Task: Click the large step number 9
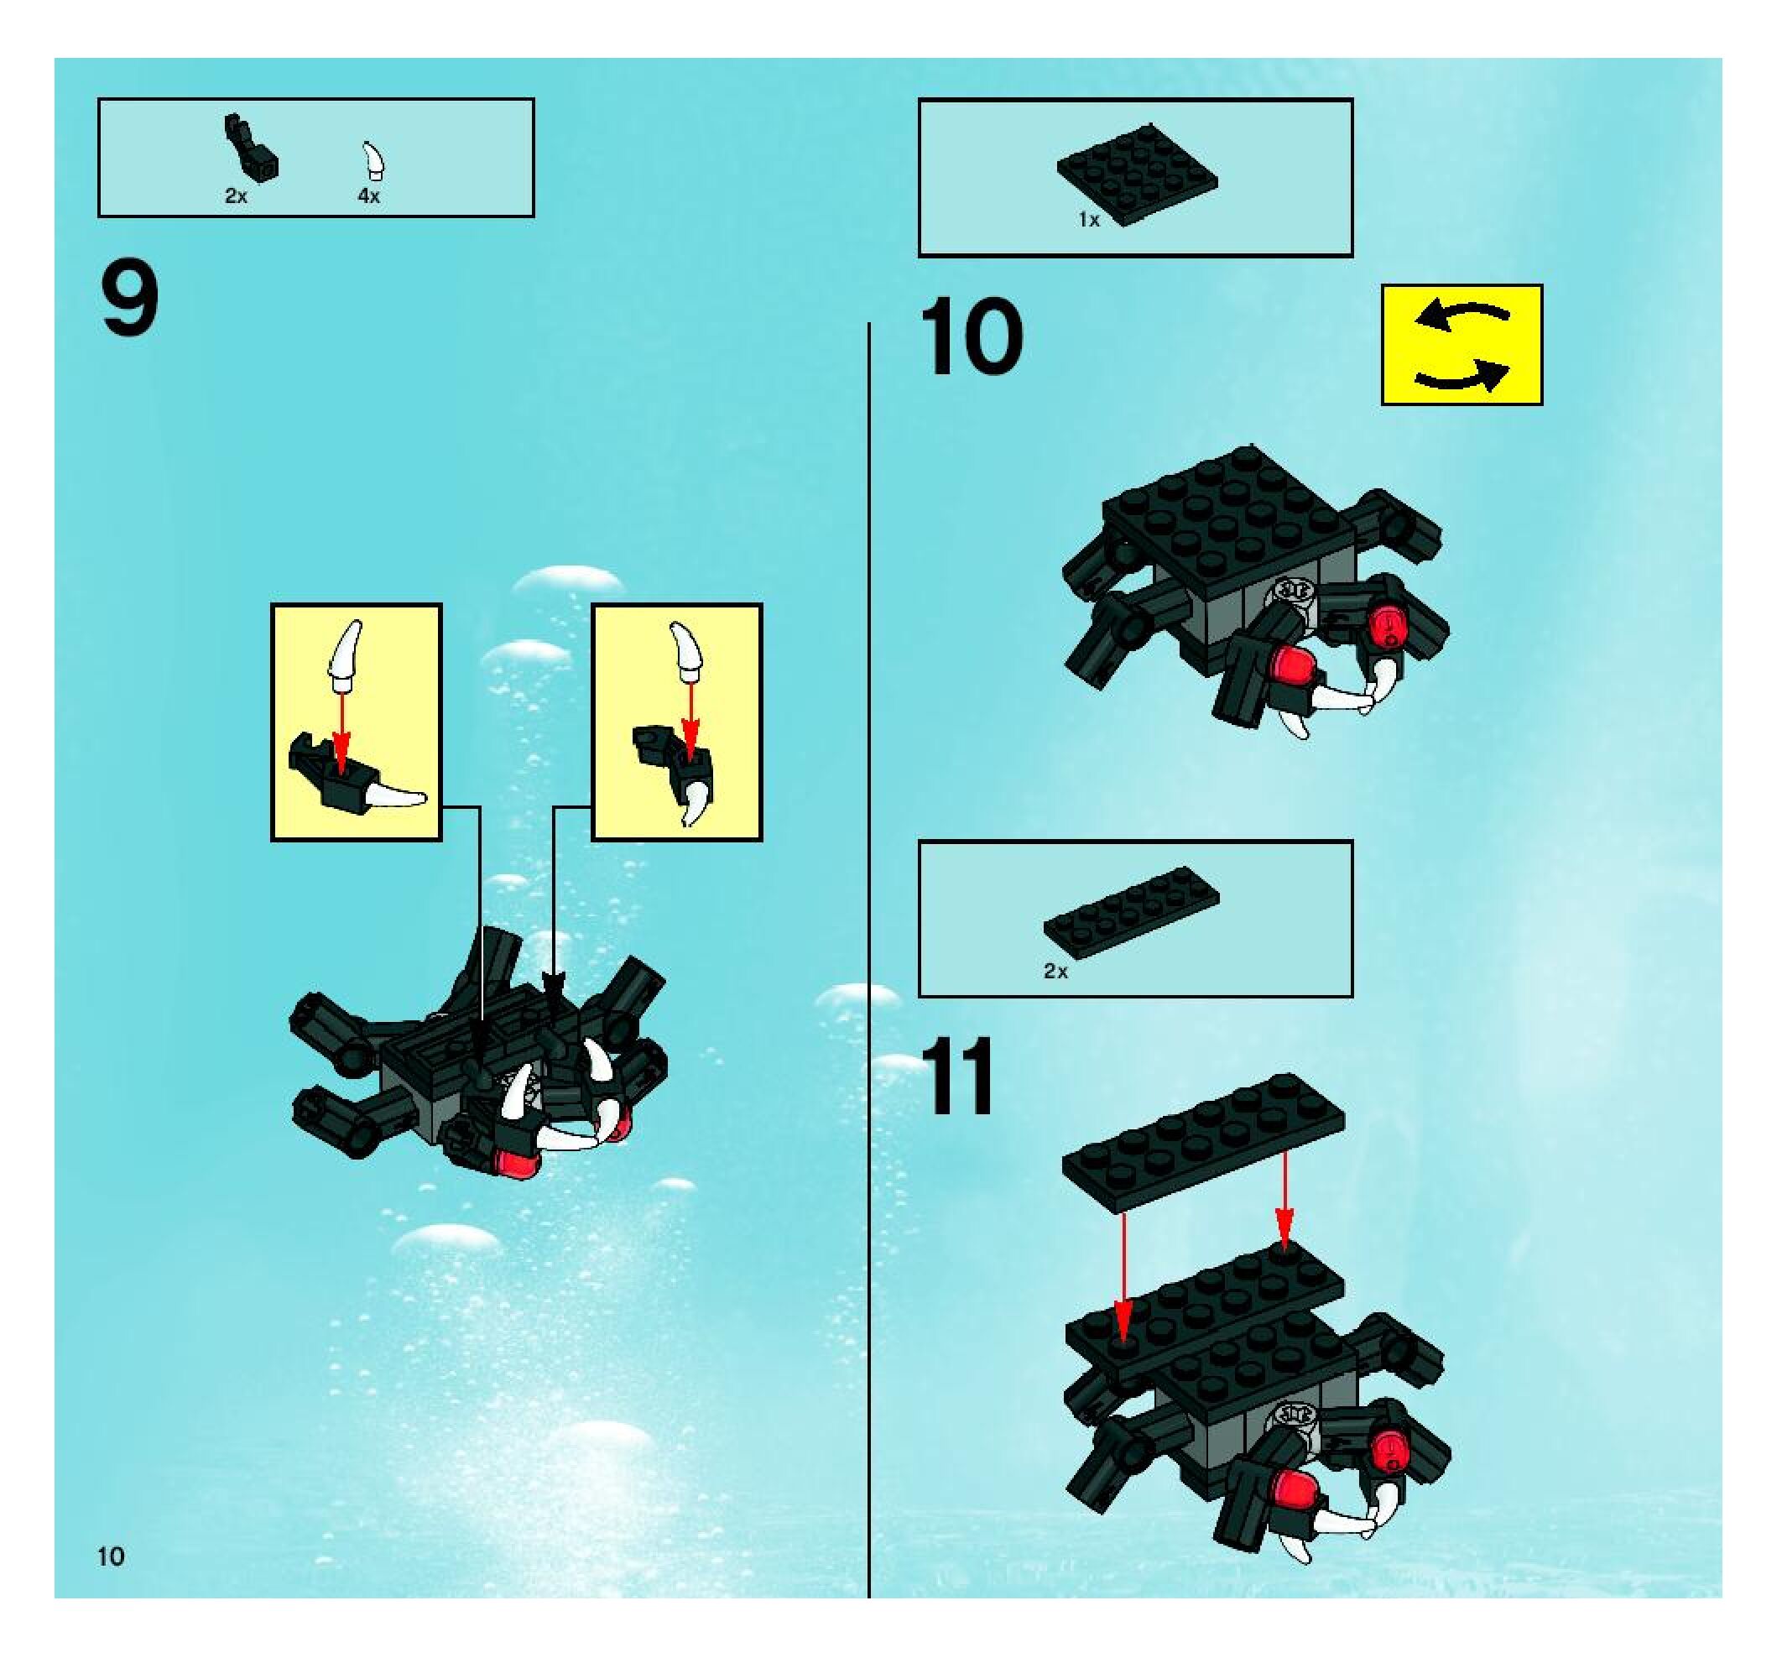click(130, 298)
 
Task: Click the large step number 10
click(971, 337)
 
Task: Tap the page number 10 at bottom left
click(111, 1556)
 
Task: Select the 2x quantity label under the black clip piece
click(236, 195)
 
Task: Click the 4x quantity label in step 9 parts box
click(368, 195)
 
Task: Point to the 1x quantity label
click(1089, 220)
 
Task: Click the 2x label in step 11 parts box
click(1056, 971)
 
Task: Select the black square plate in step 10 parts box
click(1137, 174)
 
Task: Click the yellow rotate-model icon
click(1462, 345)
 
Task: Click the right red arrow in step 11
click(1284, 1200)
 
